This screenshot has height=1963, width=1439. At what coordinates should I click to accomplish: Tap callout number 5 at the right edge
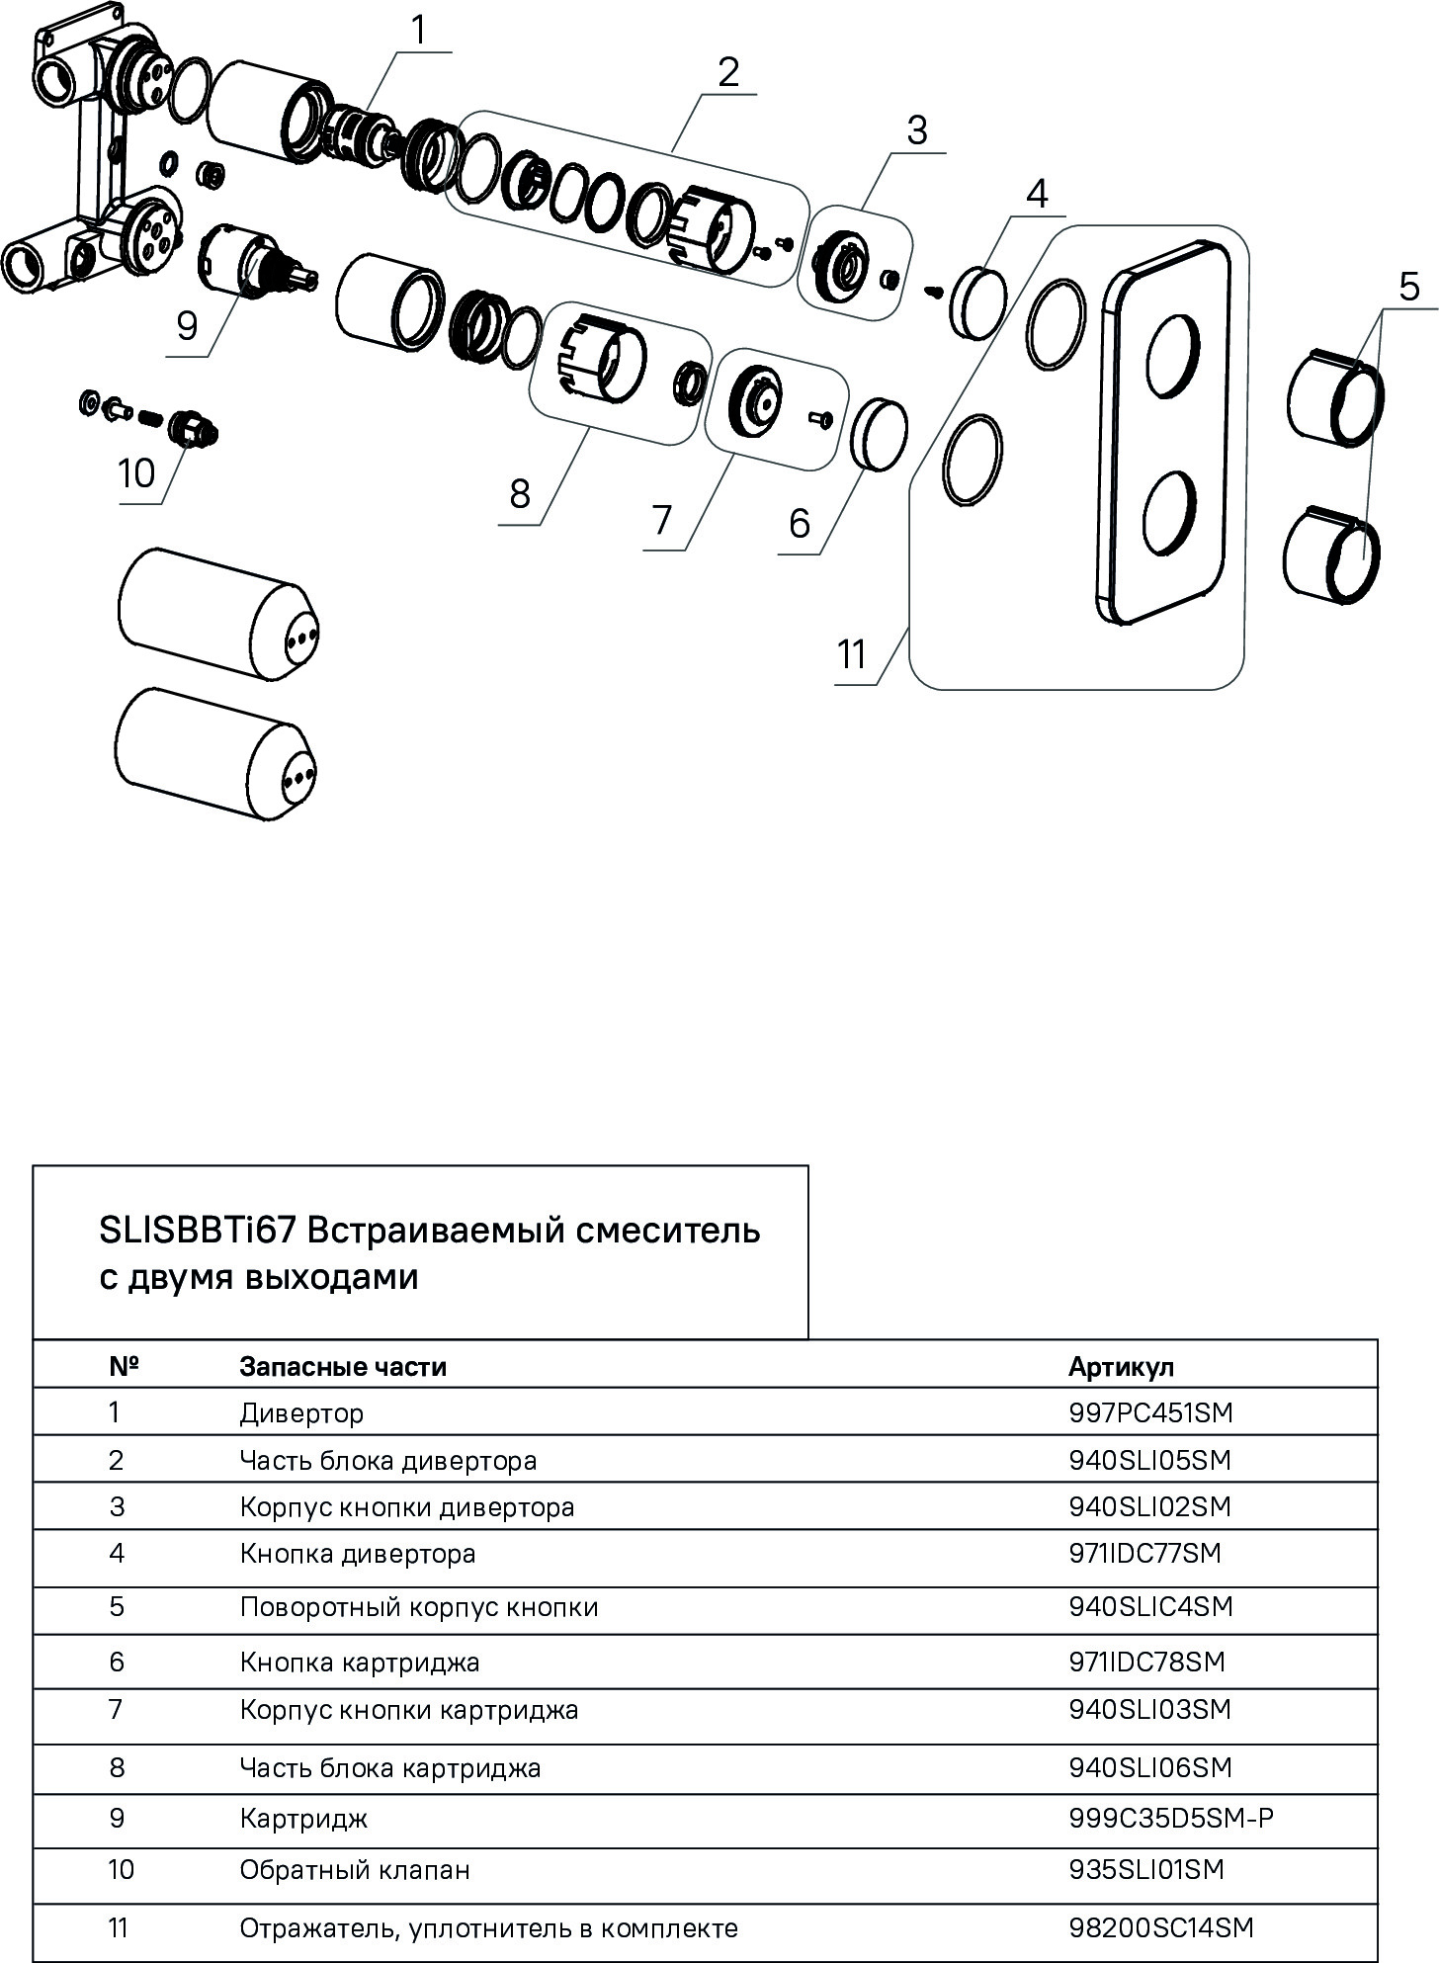(x=1408, y=287)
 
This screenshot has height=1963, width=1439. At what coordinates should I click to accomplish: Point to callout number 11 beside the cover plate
(x=851, y=654)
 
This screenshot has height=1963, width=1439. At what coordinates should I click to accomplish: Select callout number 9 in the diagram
(x=187, y=325)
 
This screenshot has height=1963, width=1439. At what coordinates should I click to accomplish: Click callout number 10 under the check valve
(x=136, y=474)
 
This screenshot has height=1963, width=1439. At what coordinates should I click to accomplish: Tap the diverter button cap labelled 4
(x=978, y=300)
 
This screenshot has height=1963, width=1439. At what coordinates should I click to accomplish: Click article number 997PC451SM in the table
(x=1150, y=1412)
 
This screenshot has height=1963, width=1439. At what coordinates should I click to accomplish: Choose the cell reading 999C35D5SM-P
(x=1170, y=1818)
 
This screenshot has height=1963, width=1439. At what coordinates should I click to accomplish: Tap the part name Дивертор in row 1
(x=301, y=1413)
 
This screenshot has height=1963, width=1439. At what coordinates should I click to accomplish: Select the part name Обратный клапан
(x=355, y=1870)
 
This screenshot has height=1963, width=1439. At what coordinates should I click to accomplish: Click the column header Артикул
(x=1121, y=1367)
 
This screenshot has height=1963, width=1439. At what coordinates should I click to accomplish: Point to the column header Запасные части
(x=343, y=1367)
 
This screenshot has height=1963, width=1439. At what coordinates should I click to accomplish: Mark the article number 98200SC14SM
(x=1160, y=1928)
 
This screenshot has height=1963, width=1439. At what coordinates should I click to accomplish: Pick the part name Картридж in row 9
(x=303, y=1819)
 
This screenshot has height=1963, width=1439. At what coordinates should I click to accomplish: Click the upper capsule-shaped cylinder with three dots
(x=218, y=615)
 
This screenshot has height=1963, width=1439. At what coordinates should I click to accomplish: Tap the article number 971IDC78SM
(x=1146, y=1663)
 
